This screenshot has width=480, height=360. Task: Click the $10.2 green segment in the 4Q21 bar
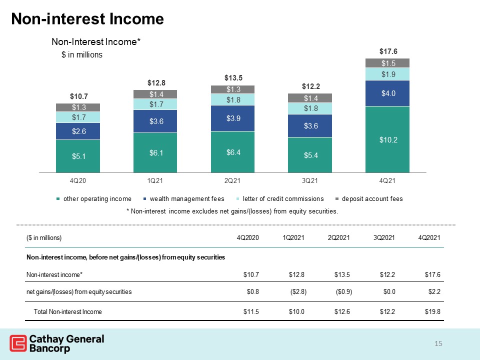coord(387,139)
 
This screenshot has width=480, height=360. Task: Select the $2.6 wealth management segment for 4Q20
coord(78,131)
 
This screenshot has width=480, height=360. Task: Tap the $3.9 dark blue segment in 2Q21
coord(232,118)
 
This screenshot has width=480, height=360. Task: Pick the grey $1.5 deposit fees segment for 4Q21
coord(387,63)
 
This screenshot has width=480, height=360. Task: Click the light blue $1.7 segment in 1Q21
coord(155,104)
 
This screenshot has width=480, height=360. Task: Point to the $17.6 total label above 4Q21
coord(388,51)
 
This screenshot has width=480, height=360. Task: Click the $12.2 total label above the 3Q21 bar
coord(310,86)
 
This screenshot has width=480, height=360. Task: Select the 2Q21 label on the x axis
coord(232,180)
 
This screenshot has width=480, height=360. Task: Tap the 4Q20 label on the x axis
coord(78,180)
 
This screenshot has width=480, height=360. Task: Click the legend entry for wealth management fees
coord(184,198)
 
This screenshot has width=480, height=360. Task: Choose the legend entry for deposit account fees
coord(369,198)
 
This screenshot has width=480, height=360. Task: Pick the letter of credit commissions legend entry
coord(280,198)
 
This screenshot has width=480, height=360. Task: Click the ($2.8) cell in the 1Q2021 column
coord(298,291)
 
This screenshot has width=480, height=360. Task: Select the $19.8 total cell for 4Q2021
coord(432,311)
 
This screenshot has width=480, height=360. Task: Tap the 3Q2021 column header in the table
coord(384,237)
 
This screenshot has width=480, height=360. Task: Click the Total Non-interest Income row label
coord(67,311)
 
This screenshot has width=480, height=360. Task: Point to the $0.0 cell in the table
coord(389,291)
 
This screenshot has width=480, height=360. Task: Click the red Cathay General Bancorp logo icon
coord(18,343)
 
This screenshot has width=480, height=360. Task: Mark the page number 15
coord(438,343)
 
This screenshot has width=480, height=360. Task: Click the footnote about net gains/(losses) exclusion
coord(232,211)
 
